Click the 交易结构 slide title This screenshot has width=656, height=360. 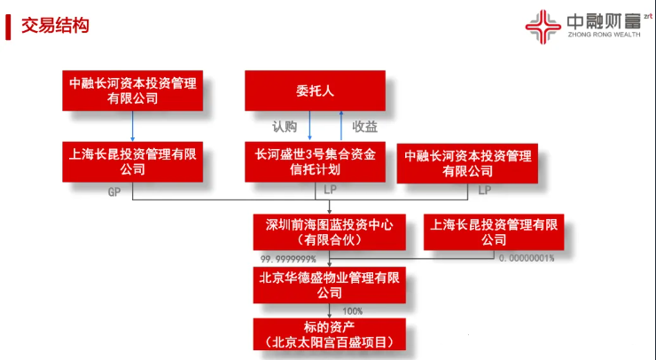tap(55, 26)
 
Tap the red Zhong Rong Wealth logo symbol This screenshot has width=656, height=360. tap(543, 27)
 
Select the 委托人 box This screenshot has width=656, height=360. tap(315, 90)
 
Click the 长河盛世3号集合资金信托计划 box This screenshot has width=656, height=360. tap(315, 162)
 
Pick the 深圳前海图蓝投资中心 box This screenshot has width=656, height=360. tap(329, 232)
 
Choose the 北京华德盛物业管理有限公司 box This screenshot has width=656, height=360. tap(329, 285)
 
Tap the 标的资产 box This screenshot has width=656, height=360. tap(329, 334)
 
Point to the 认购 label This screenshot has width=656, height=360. tap(285, 127)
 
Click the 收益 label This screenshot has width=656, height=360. tap(365, 127)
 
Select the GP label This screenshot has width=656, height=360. tap(114, 192)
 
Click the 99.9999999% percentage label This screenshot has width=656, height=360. tap(288, 259)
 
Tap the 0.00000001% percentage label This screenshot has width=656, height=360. tap(527, 258)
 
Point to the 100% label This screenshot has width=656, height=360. tap(352, 311)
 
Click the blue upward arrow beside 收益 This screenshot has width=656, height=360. tap(341, 126)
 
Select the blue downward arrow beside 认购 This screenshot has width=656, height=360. tap(309, 126)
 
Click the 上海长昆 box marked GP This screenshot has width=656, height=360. tap(133, 162)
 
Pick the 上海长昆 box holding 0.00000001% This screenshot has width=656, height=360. tap(494, 232)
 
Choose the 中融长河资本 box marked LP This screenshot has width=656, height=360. tap(467, 163)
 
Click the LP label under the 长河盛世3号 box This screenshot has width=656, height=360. tap(330, 190)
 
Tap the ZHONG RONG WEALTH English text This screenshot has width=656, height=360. tap(604, 35)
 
